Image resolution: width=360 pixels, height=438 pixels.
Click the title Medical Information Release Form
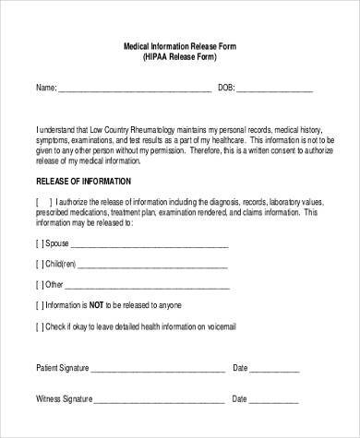tap(180, 45)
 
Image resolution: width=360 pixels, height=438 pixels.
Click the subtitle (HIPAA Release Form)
tap(180, 56)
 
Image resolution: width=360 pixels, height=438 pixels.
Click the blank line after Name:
tap(136, 91)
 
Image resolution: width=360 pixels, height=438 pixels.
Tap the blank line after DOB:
tap(274, 91)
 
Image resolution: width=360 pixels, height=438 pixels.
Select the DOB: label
tap(226, 89)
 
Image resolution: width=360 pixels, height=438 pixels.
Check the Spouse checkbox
tap(40, 246)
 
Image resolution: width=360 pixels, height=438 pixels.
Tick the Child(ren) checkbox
tap(40, 266)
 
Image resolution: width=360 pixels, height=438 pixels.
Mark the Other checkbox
tap(40, 285)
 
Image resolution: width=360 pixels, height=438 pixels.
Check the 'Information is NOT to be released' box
tap(40, 305)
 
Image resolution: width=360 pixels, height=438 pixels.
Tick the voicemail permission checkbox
tap(40, 326)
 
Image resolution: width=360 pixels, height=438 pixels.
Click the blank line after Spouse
tap(150, 248)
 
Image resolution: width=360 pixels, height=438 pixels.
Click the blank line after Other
tap(146, 287)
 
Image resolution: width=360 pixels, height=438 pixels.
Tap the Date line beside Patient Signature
tap(283, 370)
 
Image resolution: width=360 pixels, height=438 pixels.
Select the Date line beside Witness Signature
tap(283, 401)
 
